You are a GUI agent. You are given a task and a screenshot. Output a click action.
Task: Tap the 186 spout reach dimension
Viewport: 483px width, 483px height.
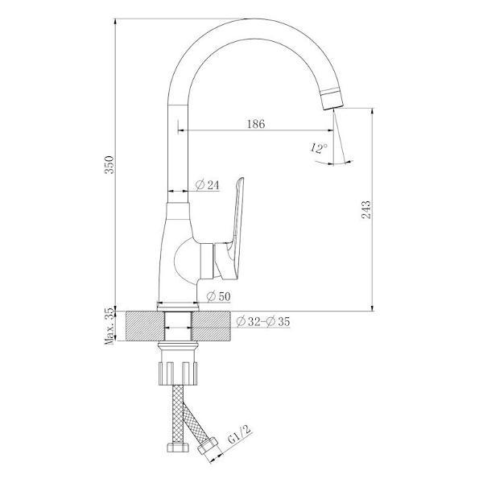[256, 123]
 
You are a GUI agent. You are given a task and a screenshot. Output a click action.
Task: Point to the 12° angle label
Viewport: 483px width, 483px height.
[317, 149]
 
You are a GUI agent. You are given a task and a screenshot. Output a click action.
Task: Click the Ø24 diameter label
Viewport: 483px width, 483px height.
[208, 186]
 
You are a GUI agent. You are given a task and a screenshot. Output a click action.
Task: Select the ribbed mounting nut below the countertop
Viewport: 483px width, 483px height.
[179, 369]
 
